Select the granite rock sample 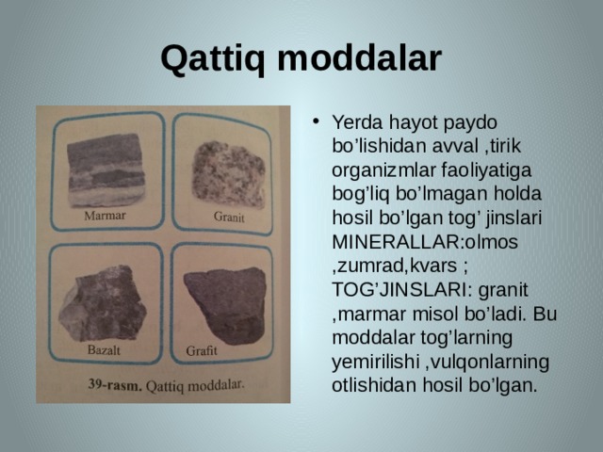click(227, 176)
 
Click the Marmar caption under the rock click(105, 215)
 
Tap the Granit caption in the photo click(228, 218)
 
